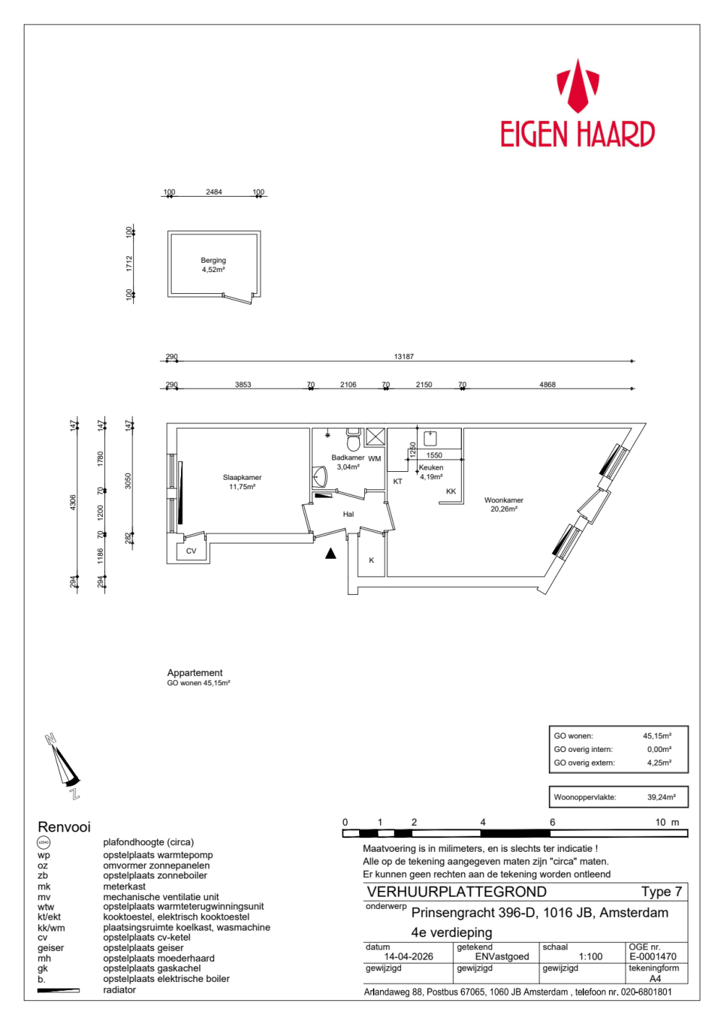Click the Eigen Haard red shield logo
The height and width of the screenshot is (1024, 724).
click(578, 86)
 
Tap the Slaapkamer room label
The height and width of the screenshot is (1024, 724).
click(242, 477)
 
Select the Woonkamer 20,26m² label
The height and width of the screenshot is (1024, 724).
click(504, 504)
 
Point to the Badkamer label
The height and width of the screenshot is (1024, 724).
click(348, 457)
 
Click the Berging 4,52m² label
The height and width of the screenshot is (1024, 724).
click(213, 265)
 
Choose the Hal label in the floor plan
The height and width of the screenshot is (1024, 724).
click(348, 515)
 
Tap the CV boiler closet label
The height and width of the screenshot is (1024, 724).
click(191, 551)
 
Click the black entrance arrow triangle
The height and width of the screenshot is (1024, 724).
click(331, 554)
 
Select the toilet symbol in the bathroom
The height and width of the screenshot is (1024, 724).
click(353, 439)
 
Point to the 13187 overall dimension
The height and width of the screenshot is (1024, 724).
click(404, 356)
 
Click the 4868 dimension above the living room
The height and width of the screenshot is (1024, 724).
click(547, 384)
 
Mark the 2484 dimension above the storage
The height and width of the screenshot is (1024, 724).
click(214, 192)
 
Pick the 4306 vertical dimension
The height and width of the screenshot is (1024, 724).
click(73, 503)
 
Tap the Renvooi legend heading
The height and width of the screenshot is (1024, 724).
click(64, 826)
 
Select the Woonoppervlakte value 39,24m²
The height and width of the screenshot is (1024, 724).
click(661, 797)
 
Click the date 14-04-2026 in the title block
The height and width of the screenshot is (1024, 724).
click(408, 957)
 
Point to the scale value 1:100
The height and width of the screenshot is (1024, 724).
click(591, 957)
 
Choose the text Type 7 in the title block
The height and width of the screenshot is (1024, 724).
click(661, 892)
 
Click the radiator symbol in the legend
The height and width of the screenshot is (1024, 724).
click(59, 990)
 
